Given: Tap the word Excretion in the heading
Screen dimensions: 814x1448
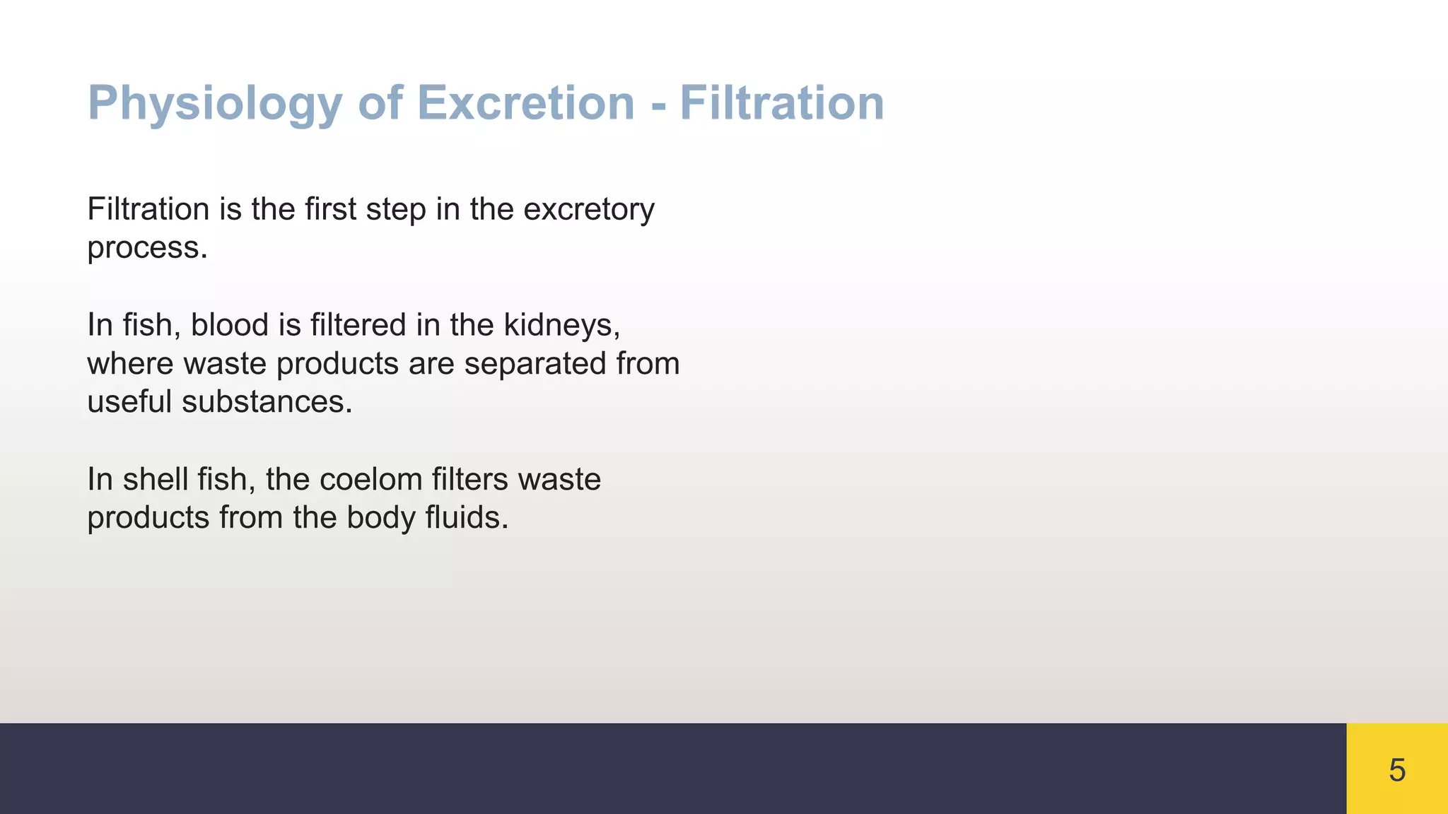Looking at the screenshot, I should (525, 103).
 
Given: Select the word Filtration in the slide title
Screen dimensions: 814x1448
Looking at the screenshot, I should (782, 103).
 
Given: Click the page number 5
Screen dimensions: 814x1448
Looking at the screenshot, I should (1396, 769).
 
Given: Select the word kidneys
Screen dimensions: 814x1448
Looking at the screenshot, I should (561, 325).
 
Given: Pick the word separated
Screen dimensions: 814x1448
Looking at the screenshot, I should (535, 364).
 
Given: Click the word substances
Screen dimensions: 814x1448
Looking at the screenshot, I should (267, 402).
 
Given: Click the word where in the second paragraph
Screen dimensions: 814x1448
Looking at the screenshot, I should (130, 364).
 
